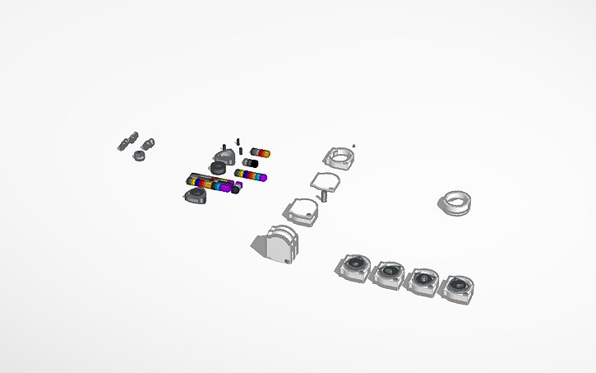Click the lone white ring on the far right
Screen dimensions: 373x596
[x=455, y=203]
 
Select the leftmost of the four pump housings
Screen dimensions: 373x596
[x=356, y=267]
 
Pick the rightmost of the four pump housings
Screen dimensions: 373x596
[x=456, y=288]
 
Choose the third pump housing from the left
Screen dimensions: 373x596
[x=423, y=280]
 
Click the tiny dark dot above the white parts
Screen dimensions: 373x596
[x=354, y=145]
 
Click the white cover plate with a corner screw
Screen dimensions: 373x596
[x=301, y=212]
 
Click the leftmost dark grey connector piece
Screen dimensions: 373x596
[x=122, y=145]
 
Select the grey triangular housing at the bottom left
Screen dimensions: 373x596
[x=196, y=195]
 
